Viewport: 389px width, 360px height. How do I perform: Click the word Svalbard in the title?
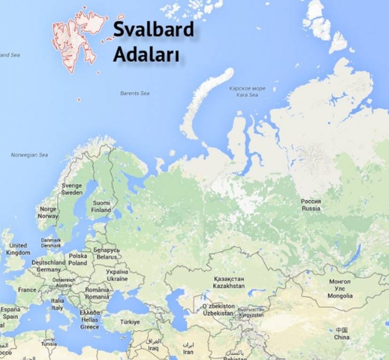coord(153,30)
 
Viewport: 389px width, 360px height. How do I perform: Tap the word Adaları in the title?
coord(146,55)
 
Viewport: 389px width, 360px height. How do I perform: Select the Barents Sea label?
coord(135,93)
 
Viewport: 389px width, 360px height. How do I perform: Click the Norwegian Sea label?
coord(30,155)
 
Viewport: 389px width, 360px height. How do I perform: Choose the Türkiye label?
coord(130,322)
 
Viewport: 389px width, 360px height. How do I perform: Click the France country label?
coord(27,290)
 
